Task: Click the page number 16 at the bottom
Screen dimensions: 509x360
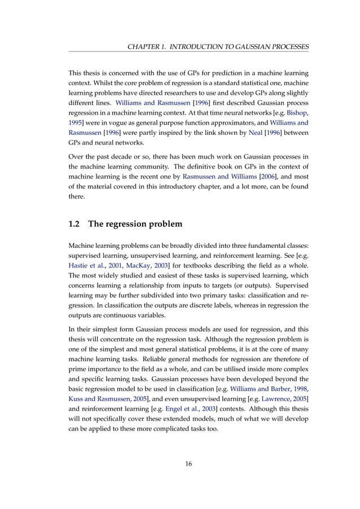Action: pyautogui.click(x=188, y=464)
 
